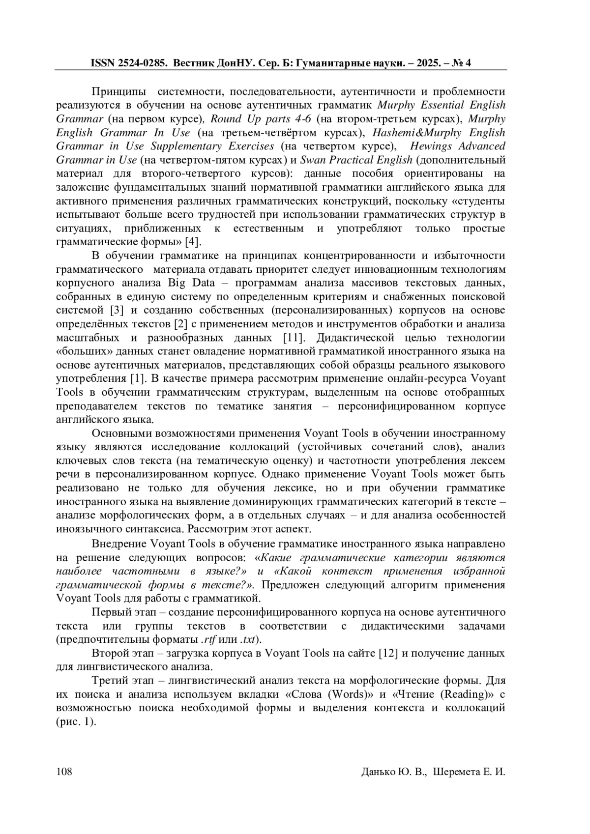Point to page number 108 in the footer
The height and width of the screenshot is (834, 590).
click(64, 772)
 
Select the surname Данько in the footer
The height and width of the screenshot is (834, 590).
click(378, 772)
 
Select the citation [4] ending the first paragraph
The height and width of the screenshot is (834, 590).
click(192, 242)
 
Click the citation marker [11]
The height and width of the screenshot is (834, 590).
click(294, 338)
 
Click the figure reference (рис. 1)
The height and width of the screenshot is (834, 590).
click(76, 722)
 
